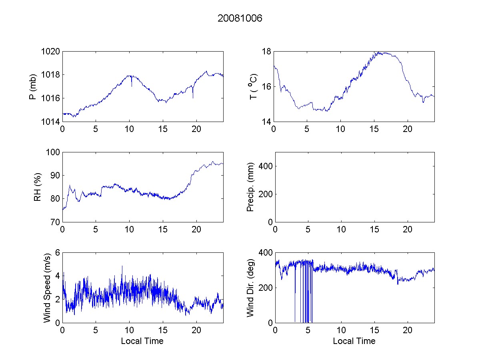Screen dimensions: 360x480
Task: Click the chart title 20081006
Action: [240, 18]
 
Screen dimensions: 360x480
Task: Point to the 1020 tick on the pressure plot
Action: [52, 52]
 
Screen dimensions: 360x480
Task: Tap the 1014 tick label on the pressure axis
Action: [52, 122]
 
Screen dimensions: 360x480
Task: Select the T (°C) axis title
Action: [253, 86]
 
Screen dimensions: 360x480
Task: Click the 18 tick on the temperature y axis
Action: [267, 52]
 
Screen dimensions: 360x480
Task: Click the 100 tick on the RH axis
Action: [54, 152]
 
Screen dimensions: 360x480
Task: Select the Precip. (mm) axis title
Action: [250, 187]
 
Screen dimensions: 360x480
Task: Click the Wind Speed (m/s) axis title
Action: [47, 287]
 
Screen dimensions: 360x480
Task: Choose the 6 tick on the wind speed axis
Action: [58, 252]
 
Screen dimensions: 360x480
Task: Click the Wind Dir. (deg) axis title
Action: [250, 287]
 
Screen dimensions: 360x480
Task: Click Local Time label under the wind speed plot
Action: [142, 341]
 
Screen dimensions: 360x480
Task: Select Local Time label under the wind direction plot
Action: [354, 341]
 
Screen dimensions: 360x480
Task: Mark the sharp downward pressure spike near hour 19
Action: [193, 98]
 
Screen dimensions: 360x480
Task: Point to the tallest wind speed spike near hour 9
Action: [122, 266]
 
